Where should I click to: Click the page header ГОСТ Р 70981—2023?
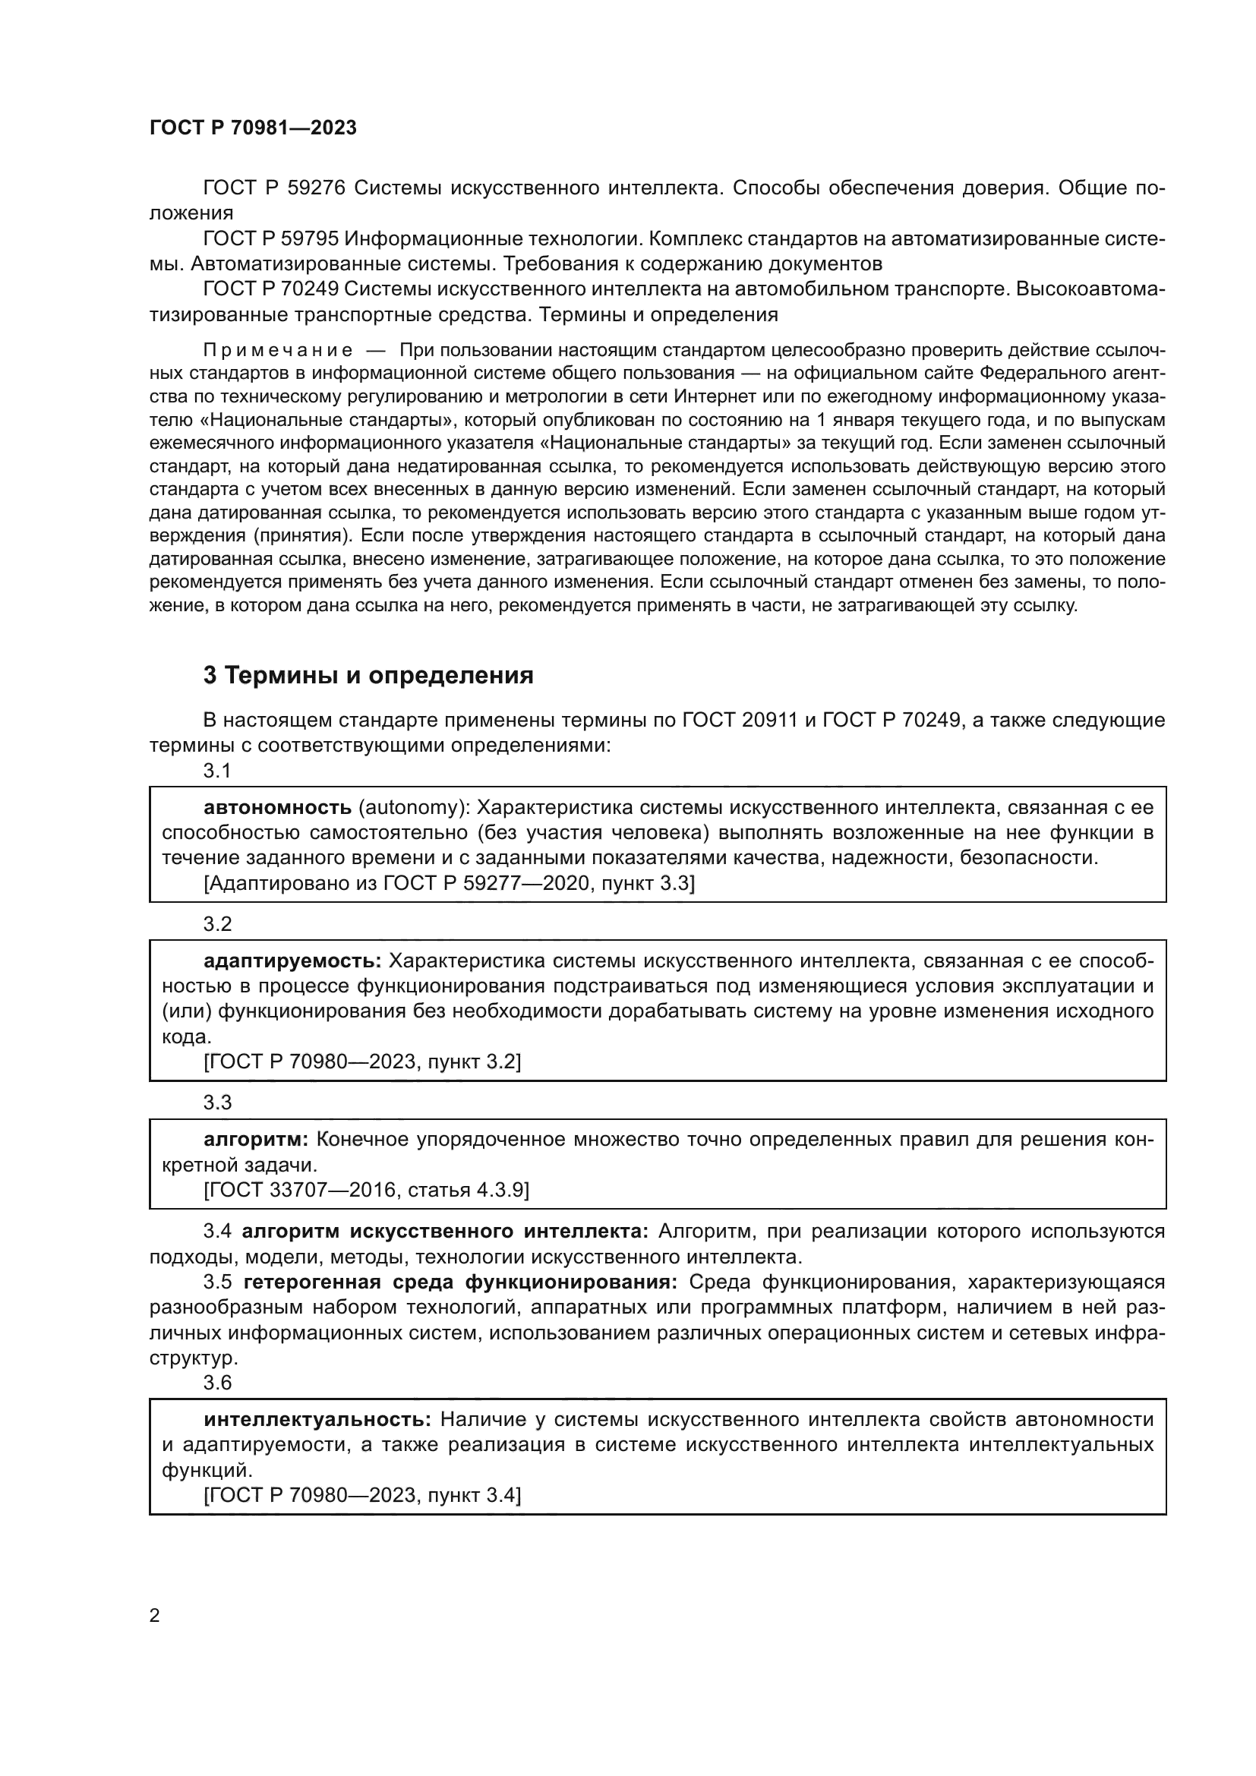tap(253, 128)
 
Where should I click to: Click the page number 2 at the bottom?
tap(155, 1616)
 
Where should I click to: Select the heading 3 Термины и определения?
tap(368, 676)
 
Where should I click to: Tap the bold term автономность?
tap(277, 808)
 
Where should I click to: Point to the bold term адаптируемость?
tap(292, 961)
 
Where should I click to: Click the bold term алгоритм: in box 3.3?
tap(256, 1140)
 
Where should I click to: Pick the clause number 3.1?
tap(217, 771)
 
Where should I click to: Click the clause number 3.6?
tap(217, 1382)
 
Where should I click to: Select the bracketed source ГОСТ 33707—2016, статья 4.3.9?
tap(366, 1190)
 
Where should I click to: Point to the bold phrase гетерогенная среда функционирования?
tap(460, 1282)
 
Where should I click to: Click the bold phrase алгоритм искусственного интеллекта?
tap(445, 1232)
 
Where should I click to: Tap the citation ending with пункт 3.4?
tap(362, 1496)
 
